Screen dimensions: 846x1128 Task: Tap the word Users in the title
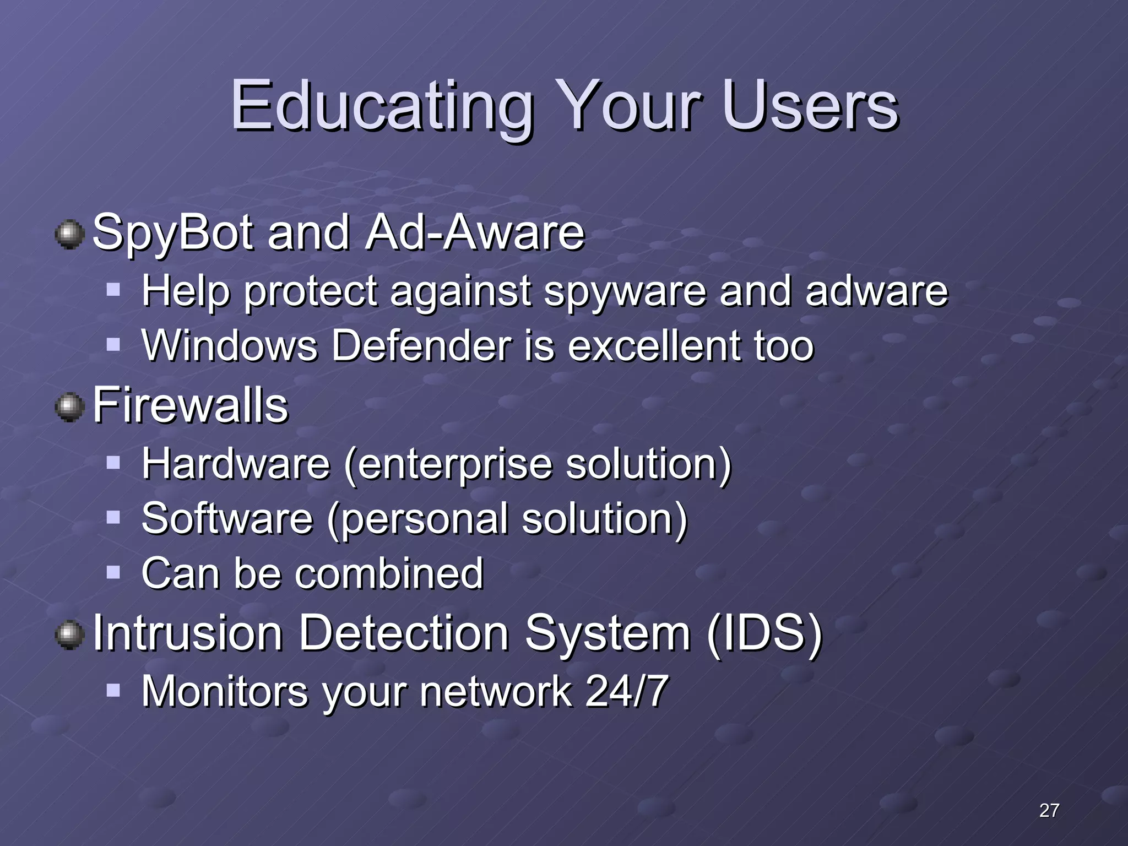pyautogui.click(x=810, y=106)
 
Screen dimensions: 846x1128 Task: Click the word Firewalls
pyautogui.click(x=191, y=406)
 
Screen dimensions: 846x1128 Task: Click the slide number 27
pyautogui.click(x=1049, y=810)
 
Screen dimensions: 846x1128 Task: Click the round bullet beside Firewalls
pyautogui.click(x=70, y=408)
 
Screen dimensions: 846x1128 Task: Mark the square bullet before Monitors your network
pyautogui.click(x=113, y=690)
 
